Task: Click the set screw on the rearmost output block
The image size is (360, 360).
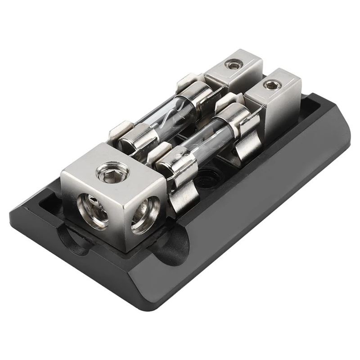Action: [x=232, y=66]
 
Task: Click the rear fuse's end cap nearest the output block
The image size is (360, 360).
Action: [x=198, y=92]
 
